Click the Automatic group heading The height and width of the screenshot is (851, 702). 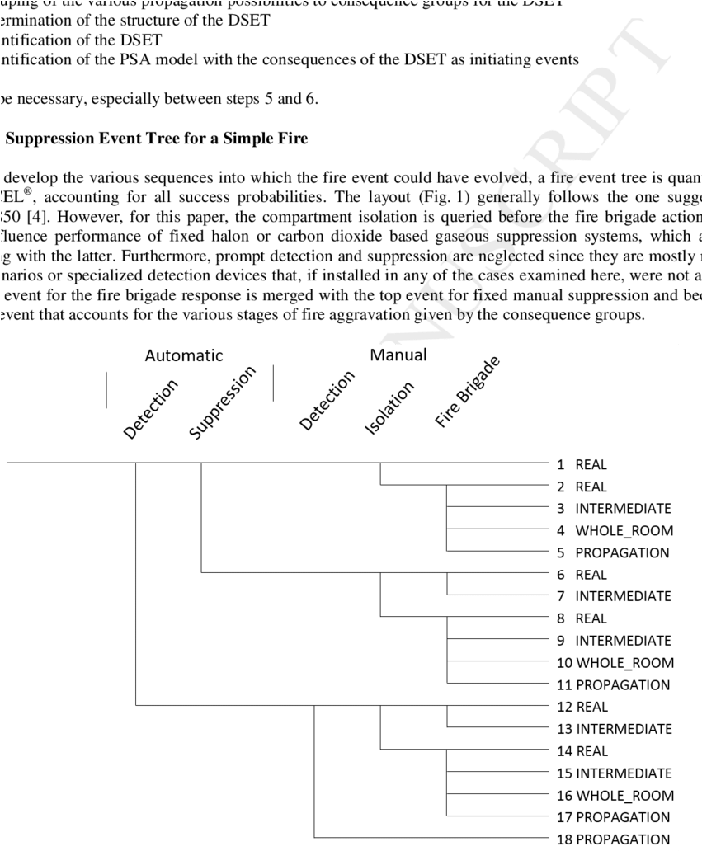[x=184, y=356]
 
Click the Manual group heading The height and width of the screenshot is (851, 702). [x=398, y=356]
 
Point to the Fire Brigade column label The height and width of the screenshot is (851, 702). [x=468, y=397]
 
